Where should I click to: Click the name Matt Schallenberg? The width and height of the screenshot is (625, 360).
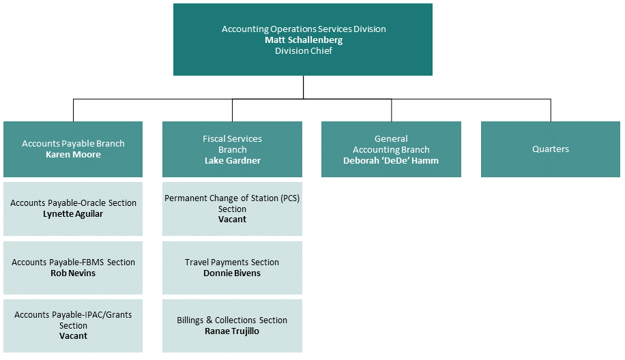coord(304,40)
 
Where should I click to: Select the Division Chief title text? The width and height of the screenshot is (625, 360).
coord(304,50)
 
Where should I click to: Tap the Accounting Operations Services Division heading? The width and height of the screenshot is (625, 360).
coord(304,29)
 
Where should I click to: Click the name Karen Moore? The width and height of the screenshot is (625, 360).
coord(73,155)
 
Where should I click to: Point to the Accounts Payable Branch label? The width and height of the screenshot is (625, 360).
coord(73,144)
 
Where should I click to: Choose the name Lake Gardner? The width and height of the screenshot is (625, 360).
coord(232,160)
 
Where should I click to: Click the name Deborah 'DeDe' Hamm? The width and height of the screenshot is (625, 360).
coord(391,160)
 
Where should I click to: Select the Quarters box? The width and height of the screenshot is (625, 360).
coord(551,149)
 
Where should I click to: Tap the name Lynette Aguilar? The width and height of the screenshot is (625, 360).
coord(73,214)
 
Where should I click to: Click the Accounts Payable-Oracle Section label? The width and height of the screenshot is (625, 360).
coord(73,203)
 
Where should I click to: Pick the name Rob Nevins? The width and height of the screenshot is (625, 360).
coord(73,273)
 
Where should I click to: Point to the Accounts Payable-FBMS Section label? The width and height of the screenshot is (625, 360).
coord(73,262)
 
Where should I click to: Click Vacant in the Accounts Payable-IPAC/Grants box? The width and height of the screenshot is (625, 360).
coord(73,336)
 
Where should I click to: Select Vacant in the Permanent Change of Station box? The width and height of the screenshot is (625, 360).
coord(232,220)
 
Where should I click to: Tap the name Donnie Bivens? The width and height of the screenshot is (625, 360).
coord(232,273)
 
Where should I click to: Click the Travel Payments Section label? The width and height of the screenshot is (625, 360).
coord(232,262)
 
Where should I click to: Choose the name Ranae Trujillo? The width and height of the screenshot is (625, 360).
coord(232,331)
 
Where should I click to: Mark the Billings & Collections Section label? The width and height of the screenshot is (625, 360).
coord(232,320)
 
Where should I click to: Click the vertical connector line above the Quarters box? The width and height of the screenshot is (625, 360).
coord(551,110)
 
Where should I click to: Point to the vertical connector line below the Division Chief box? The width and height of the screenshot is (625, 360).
coord(304,87)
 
